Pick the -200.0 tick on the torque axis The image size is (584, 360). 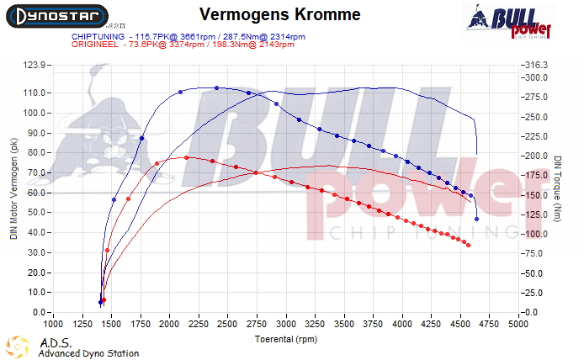point(536,156)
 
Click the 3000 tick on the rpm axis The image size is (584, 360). point(286,323)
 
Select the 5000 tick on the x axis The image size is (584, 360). point(518,323)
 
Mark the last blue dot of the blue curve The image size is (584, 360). point(476,219)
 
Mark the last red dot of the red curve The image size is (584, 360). point(469,246)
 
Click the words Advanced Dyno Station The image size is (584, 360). point(88,353)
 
